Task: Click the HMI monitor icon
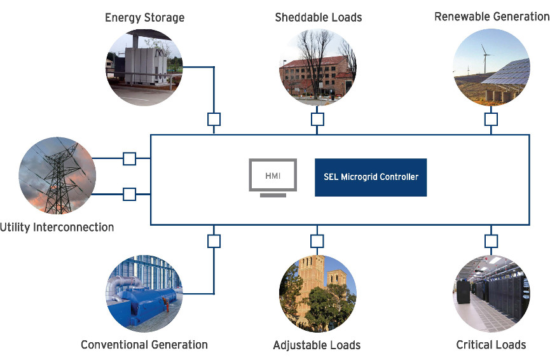[x=273, y=177]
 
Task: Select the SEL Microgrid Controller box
[x=371, y=177]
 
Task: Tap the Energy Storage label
[x=144, y=18]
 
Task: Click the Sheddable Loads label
[x=318, y=17]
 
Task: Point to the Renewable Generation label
[x=492, y=17]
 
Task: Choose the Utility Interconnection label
[x=57, y=227]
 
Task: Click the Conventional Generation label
[x=144, y=345]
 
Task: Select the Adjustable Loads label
[x=317, y=345]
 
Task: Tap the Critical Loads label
[x=491, y=345]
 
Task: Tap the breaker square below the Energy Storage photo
[x=214, y=120]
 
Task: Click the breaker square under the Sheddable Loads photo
[x=317, y=120]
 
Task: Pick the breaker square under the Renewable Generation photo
[x=491, y=120]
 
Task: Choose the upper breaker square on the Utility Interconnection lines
[x=130, y=158]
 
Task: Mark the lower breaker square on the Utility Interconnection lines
[x=130, y=194]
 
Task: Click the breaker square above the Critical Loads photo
[x=491, y=241]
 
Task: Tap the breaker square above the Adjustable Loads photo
[x=317, y=241]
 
